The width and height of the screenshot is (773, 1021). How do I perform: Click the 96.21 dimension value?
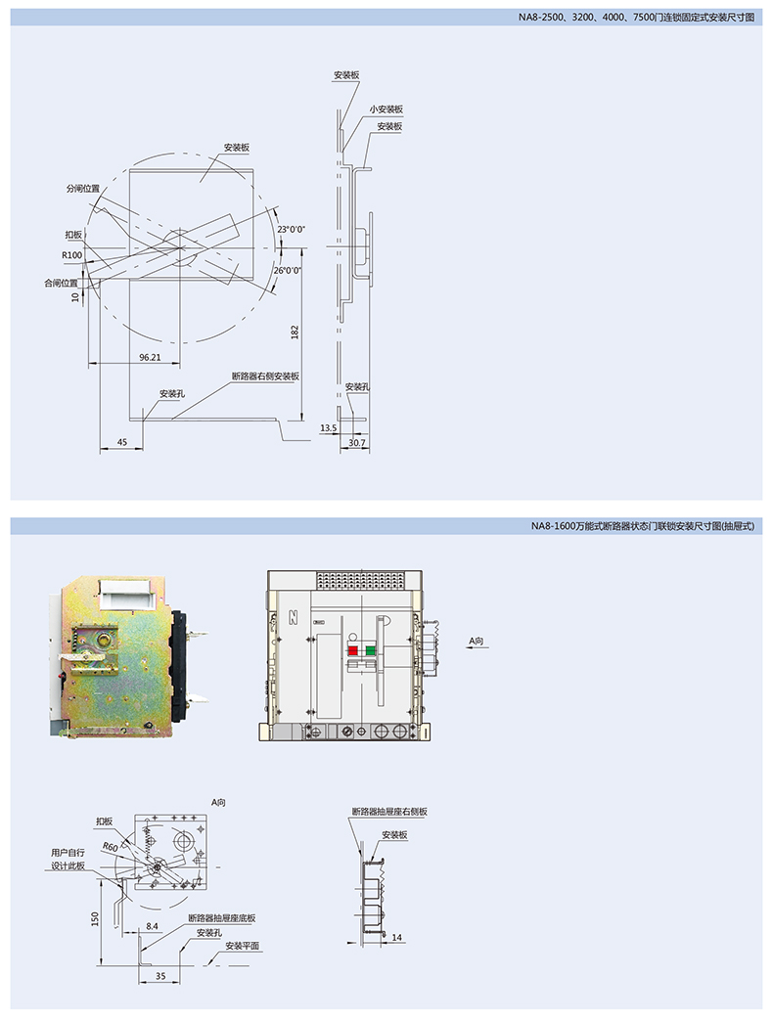click(150, 357)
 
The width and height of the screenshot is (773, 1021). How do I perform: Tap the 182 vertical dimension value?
click(295, 333)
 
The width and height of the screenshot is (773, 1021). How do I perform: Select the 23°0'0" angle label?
click(291, 229)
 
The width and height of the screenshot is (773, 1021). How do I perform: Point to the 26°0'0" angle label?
click(288, 270)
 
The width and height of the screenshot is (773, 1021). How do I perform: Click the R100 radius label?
click(72, 255)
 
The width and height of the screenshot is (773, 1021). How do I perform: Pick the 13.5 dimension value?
click(328, 427)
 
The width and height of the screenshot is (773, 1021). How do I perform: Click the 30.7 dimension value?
click(357, 443)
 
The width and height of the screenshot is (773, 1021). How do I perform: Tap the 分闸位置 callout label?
click(83, 189)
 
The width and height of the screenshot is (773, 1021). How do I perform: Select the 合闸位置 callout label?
click(62, 284)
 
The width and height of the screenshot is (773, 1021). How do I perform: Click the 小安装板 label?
click(386, 110)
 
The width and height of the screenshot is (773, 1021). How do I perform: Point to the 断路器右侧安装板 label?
click(266, 377)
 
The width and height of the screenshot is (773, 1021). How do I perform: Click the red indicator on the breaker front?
click(353, 649)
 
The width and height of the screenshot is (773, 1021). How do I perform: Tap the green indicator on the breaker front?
click(371, 649)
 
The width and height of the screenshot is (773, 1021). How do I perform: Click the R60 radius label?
click(110, 847)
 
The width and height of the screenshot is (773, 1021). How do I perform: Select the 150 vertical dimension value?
click(96, 918)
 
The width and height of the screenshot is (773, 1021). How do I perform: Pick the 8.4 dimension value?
click(152, 926)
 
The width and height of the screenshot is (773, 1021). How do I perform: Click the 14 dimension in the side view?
click(396, 938)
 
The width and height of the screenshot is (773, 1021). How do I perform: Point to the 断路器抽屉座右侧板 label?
click(389, 812)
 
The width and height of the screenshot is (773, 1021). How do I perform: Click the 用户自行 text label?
click(68, 853)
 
